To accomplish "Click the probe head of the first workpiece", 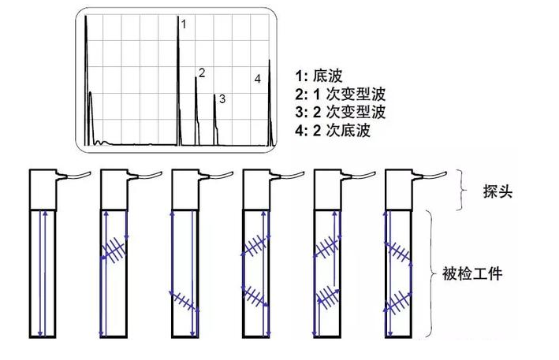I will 42,187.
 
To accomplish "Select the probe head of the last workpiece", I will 397,187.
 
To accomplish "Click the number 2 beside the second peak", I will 202,73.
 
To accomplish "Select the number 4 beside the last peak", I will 258,79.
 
